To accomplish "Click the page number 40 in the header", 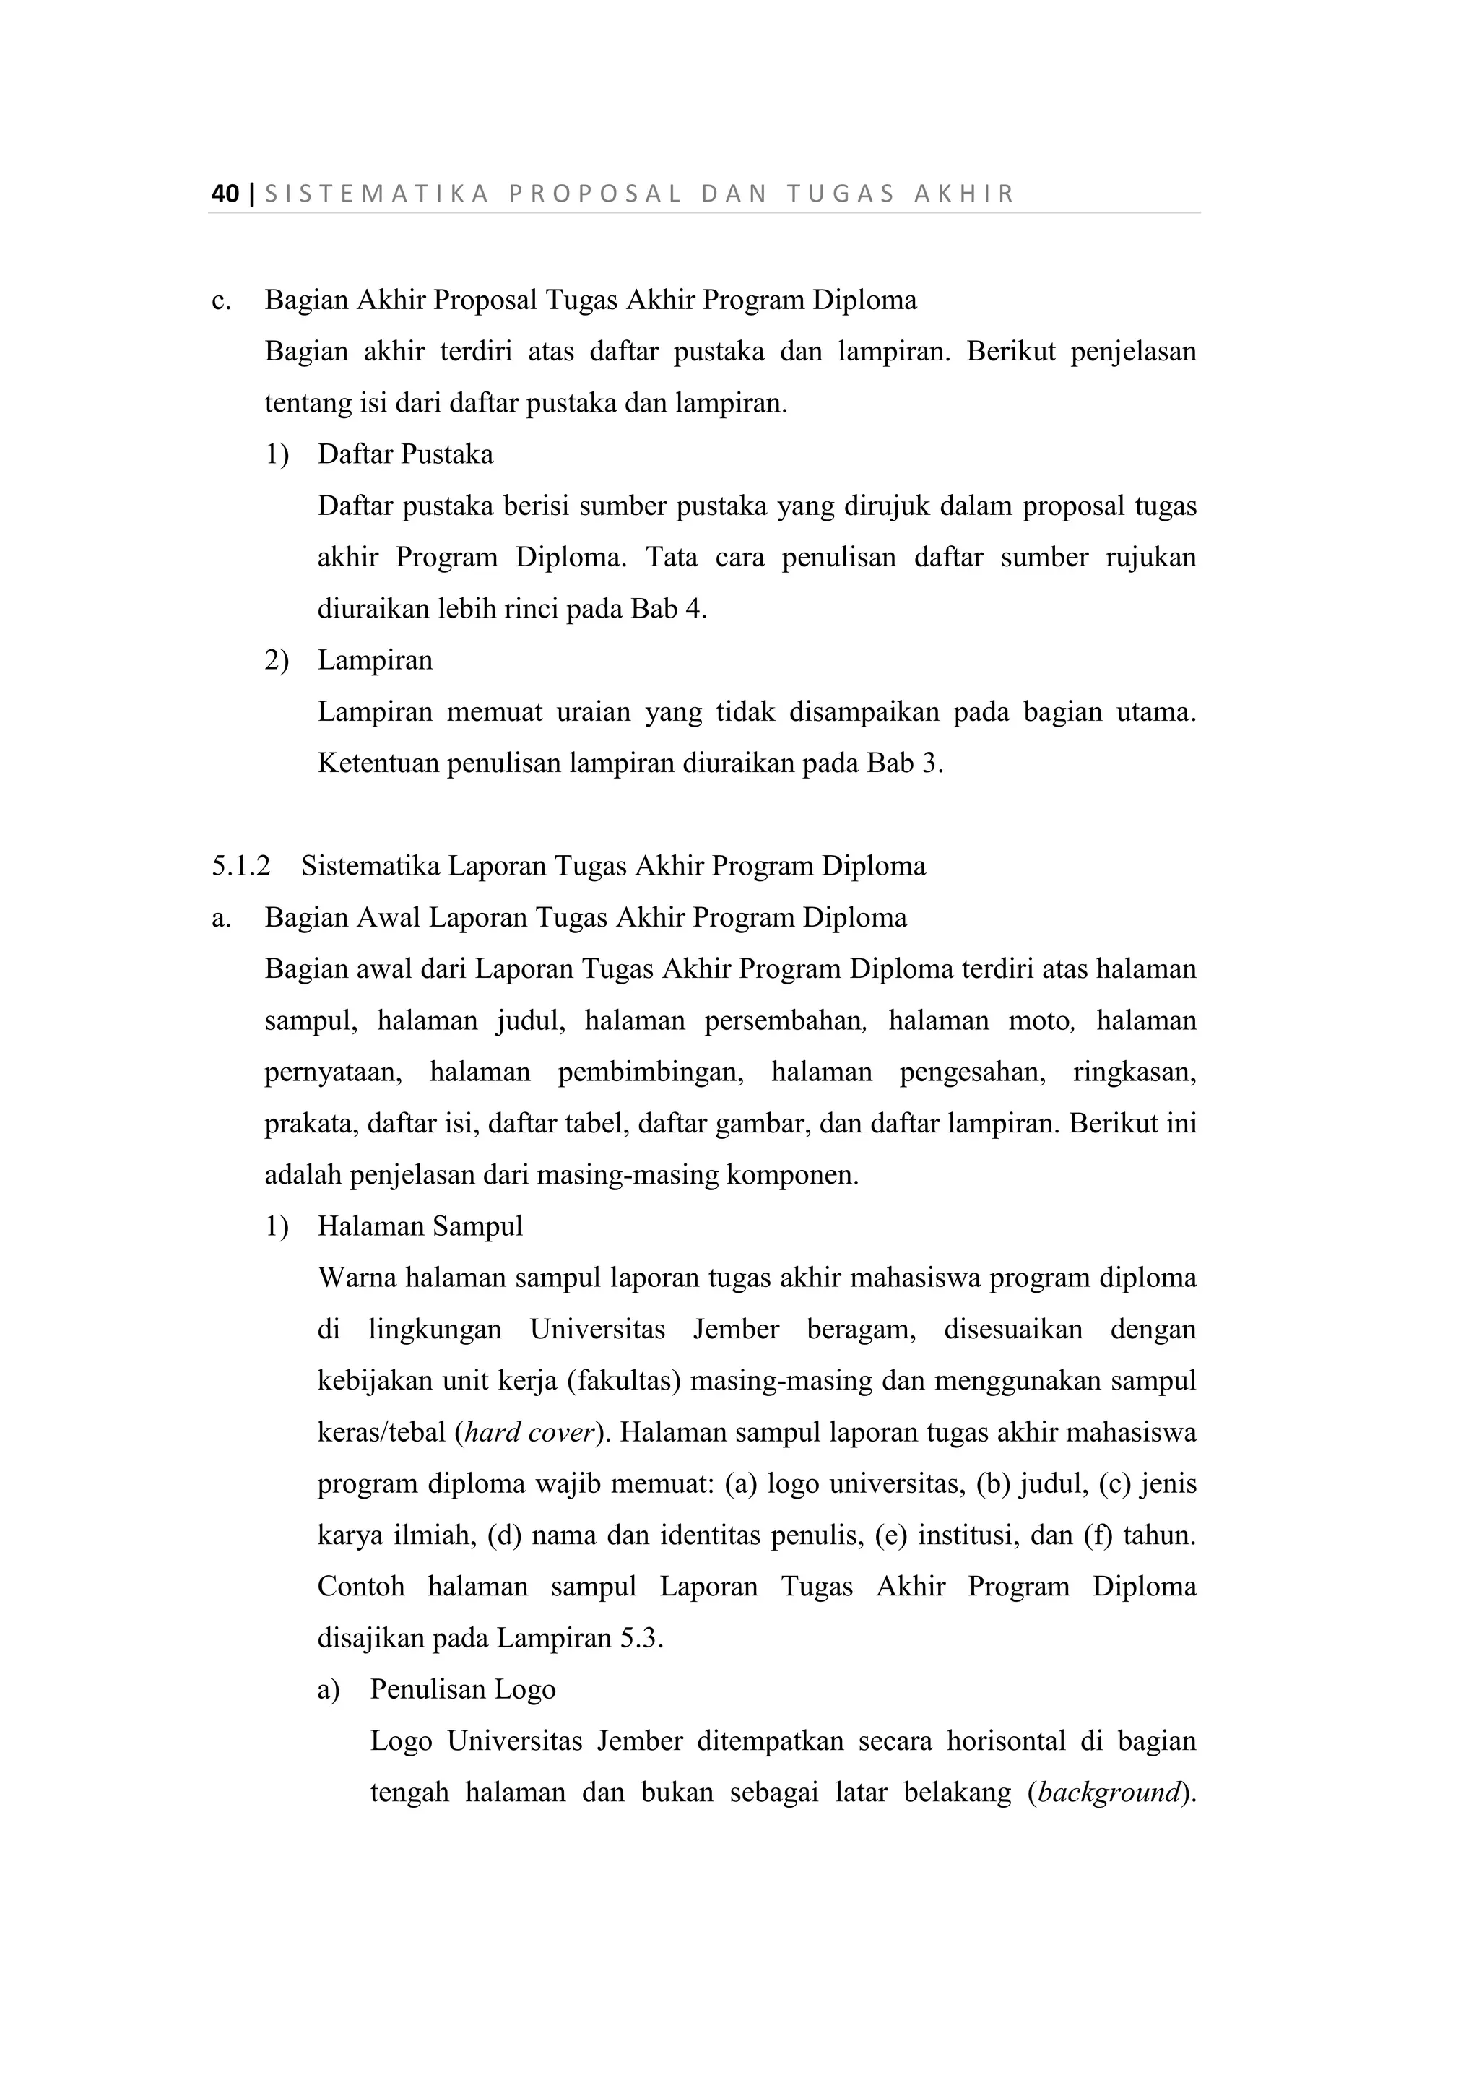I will (x=225, y=194).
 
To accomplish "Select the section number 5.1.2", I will (x=240, y=866).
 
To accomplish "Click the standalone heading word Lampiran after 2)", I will (x=375, y=660).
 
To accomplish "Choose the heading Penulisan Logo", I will (x=462, y=1690).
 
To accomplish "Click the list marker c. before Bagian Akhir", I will (x=220, y=300).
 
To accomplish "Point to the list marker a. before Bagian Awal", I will (x=220, y=918).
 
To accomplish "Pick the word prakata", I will (x=312, y=1124).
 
